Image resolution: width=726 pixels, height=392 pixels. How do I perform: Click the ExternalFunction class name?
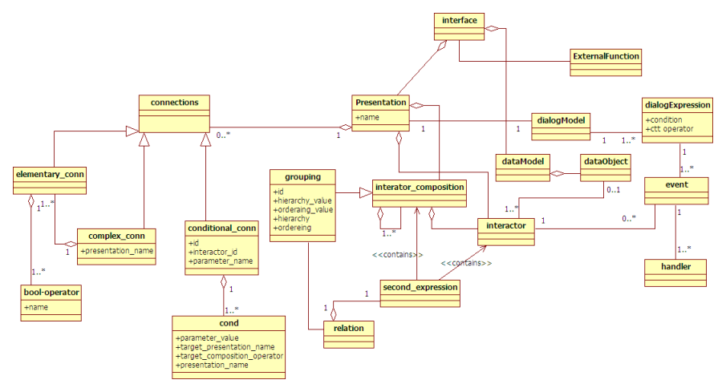click(x=606, y=57)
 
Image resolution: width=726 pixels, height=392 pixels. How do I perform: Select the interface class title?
click(x=459, y=18)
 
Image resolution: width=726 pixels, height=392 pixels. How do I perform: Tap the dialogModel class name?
click(x=560, y=119)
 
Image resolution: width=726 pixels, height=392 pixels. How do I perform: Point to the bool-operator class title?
click(x=51, y=293)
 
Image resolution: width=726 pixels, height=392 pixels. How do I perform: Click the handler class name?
click(x=676, y=265)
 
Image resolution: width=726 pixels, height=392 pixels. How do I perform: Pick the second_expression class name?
click(x=420, y=286)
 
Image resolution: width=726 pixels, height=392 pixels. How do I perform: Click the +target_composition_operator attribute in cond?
click(x=229, y=356)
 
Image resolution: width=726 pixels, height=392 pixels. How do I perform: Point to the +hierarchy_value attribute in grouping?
click(x=303, y=200)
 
